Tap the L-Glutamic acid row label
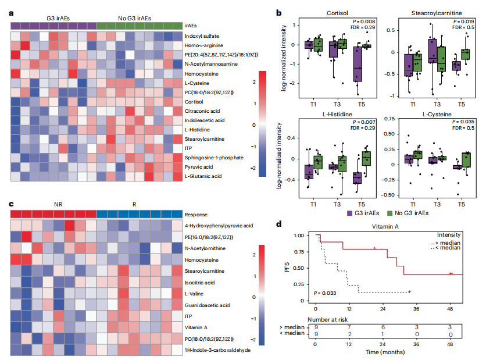coord(203,176)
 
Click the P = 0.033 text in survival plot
coord(324,293)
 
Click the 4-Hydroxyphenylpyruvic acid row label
coord(219,226)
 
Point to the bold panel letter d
coord(280,223)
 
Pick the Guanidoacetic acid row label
coord(206,305)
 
